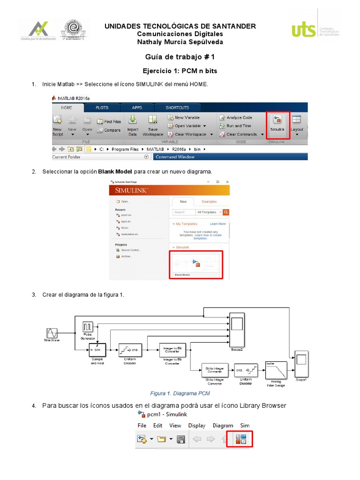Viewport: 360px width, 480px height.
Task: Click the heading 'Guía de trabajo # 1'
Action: click(180, 57)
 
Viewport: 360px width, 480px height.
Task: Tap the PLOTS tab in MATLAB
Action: click(102, 107)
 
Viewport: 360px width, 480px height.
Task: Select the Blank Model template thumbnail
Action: click(195, 264)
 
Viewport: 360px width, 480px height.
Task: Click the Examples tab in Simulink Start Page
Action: click(209, 202)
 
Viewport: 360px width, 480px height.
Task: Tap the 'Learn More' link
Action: click(217, 224)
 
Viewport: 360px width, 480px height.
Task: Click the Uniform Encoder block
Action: click(130, 350)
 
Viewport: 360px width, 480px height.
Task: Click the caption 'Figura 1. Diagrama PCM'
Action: click(180, 393)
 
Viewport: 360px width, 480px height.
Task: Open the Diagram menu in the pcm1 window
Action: click(223, 426)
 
